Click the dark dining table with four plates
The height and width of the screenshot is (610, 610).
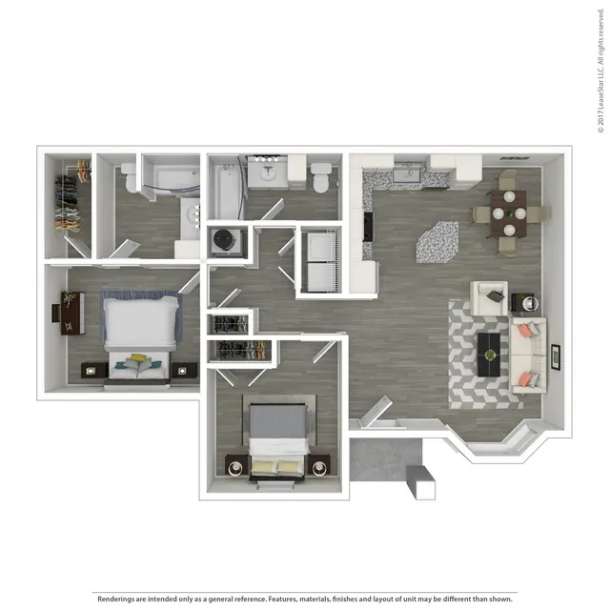pos(509,213)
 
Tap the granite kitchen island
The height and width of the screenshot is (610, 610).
pos(437,242)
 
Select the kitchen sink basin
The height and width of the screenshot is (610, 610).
pos(407,175)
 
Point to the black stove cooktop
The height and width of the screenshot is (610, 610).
pos(369,226)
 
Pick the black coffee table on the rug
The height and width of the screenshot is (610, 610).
pos(489,355)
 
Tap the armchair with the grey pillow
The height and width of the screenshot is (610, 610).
pos(489,298)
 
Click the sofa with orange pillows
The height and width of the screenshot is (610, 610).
pos(528,356)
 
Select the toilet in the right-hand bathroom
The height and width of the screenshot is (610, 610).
pos(321,177)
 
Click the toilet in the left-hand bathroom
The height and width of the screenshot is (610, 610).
pos(130,177)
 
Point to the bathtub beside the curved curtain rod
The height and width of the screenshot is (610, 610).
pos(225,192)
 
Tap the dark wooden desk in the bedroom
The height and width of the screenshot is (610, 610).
pos(72,314)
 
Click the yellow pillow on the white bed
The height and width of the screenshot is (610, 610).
pos(138,357)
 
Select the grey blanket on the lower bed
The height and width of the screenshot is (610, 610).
pos(277,421)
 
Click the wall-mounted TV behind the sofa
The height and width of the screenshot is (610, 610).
pos(556,357)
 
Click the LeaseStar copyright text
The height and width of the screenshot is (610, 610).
pos(601,71)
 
